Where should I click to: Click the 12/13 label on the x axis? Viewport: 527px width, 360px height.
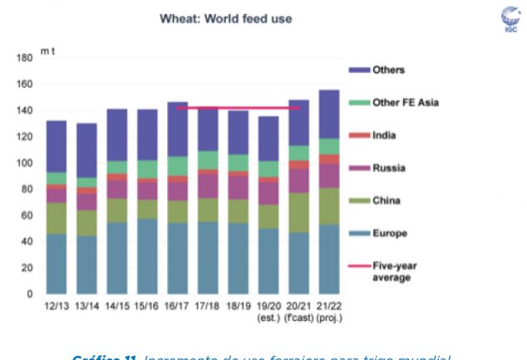(57, 307)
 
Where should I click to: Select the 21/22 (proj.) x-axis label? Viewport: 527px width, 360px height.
(329, 312)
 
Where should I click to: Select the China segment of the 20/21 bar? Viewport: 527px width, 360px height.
(299, 212)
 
